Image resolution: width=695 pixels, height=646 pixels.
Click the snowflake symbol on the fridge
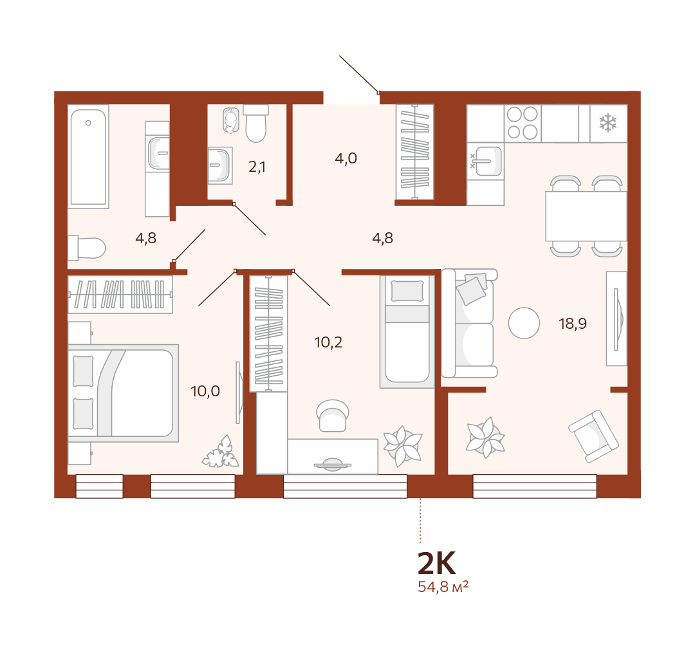click(607, 123)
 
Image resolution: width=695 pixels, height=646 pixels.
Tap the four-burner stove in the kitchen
click(523, 123)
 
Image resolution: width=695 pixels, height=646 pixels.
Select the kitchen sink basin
click(486, 161)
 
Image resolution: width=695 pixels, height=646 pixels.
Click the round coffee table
click(524, 323)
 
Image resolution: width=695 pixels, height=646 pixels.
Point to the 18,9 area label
click(573, 324)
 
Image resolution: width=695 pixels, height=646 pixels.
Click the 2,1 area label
click(257, 167)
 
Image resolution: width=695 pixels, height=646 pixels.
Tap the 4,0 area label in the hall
click(346, 158)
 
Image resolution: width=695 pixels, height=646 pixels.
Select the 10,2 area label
click(328, 342)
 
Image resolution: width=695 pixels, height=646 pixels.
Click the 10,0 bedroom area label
click(205, 391)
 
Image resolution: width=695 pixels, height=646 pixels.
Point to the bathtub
click(88, 156)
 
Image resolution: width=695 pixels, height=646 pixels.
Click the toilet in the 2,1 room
click(255, 123)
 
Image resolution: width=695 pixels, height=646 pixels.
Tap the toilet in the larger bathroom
click(87, 248)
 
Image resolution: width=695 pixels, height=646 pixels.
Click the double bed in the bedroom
click(123, 393)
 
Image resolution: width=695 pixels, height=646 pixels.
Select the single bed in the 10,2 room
click(407, 331)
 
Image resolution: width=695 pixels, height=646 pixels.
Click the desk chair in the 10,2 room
click(333, 416)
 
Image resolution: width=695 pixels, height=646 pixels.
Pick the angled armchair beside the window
click(593, 436)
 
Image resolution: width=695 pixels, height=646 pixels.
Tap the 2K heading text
click(436, 563)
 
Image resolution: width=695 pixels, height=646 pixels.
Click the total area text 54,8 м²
click(443, 587)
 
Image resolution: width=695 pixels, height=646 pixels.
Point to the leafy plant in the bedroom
click(220, 452)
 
